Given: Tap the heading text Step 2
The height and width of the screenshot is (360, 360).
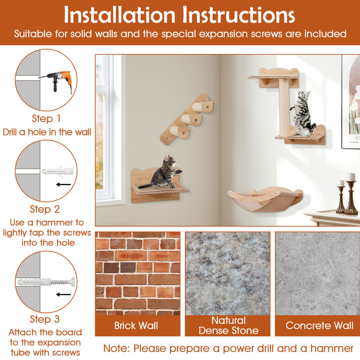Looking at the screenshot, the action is (45, 209).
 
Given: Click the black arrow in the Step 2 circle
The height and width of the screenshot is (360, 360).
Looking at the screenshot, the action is (64, 184).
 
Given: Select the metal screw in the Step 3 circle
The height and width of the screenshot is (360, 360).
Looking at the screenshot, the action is (62, 282).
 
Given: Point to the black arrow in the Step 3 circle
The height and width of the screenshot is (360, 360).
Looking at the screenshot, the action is (64, 295).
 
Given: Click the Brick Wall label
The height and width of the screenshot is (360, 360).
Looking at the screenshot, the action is (136, 326).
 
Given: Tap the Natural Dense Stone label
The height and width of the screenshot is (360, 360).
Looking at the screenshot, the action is (228, 326).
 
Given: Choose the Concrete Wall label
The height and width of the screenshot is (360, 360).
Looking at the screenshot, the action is (319, 326).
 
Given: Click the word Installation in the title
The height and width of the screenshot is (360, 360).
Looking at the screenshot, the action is (120, 15).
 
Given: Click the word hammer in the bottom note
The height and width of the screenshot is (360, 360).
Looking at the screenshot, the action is (332, 349).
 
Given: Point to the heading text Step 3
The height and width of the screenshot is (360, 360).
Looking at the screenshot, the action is (45, 319).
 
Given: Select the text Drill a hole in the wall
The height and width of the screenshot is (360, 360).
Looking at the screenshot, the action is (47, 132).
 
